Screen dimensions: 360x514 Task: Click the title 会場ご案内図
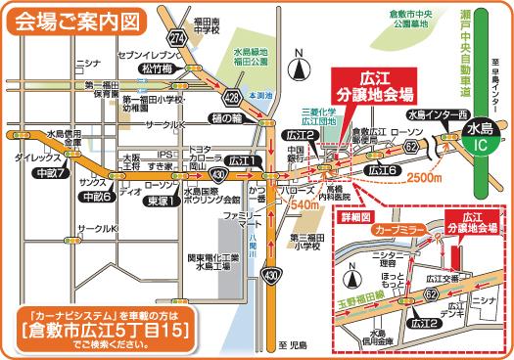(x=76, y=18)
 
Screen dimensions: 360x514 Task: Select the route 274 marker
(x=177, y=36)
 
